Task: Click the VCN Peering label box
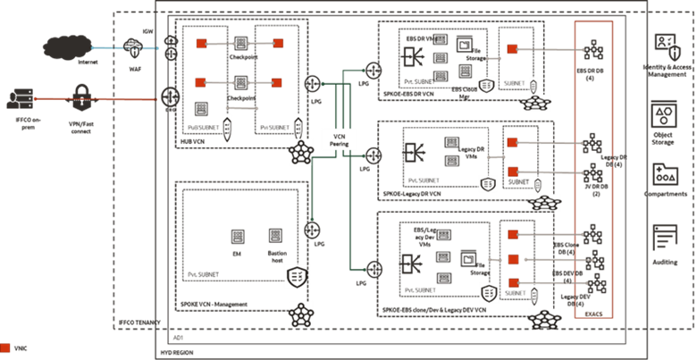(x=339, y=139)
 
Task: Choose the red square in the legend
(x=6, y=346)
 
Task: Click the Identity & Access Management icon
(x=665, y=46)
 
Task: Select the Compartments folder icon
(x=665, y=172)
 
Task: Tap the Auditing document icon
(x=665, y=237)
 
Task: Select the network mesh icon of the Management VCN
(x=298, y=314)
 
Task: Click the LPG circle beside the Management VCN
(x=312, y=228)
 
